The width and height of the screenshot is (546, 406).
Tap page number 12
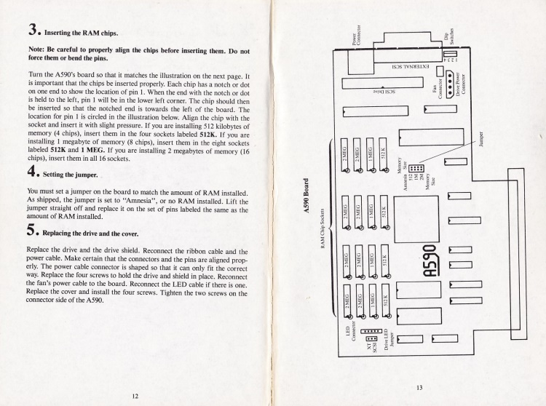(x=135, y=395)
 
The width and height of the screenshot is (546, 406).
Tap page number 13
(x=419, y=387)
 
